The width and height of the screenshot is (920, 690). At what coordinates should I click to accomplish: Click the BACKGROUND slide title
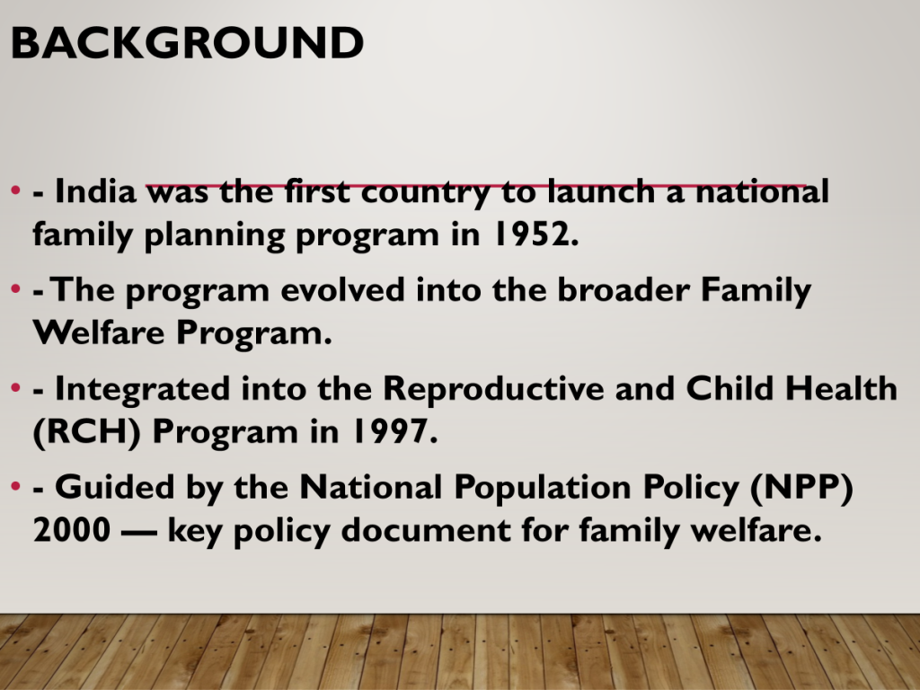tap(187, 43)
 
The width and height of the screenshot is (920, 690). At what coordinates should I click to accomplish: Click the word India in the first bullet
tap(95, 191)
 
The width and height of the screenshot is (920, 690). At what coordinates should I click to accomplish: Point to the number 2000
tap(72, 530)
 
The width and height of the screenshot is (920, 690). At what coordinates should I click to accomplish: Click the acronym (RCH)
tap(87, 432)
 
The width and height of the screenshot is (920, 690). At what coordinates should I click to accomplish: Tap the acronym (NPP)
tap(801, 488)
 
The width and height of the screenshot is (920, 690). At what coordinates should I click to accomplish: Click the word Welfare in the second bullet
tap(99, 332)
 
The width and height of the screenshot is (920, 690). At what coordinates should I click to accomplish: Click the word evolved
tap(343, 290)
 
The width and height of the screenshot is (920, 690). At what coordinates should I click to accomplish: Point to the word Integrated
tap(142, 390)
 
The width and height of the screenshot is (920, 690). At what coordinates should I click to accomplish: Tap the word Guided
tap(114, 487)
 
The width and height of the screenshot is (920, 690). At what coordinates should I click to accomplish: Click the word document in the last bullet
tap(426, 529)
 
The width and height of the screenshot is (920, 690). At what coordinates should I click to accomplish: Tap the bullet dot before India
tap(16, 190)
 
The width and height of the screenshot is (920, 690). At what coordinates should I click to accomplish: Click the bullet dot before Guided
tap(16, 486)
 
